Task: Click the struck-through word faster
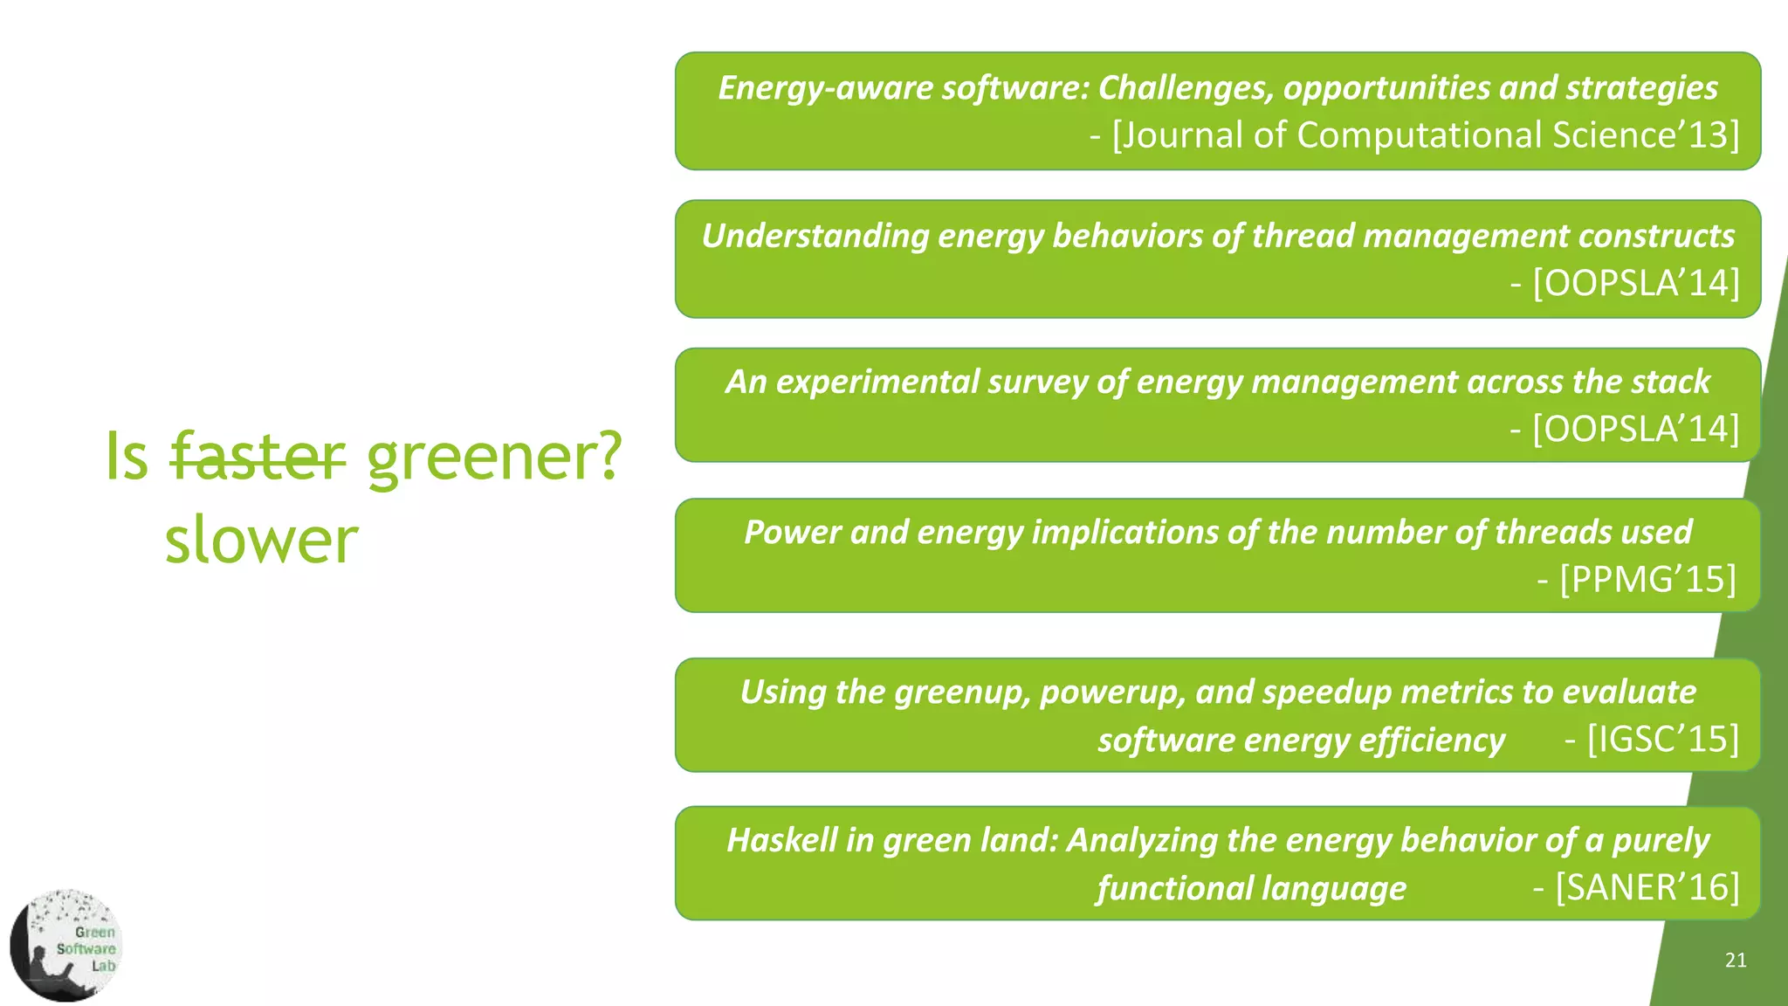[258, 456]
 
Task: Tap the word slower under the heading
[261, 541]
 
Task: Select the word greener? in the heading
[494, 456]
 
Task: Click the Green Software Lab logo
[66, 946]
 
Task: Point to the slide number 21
[1736, 961]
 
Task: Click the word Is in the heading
[127, 456]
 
